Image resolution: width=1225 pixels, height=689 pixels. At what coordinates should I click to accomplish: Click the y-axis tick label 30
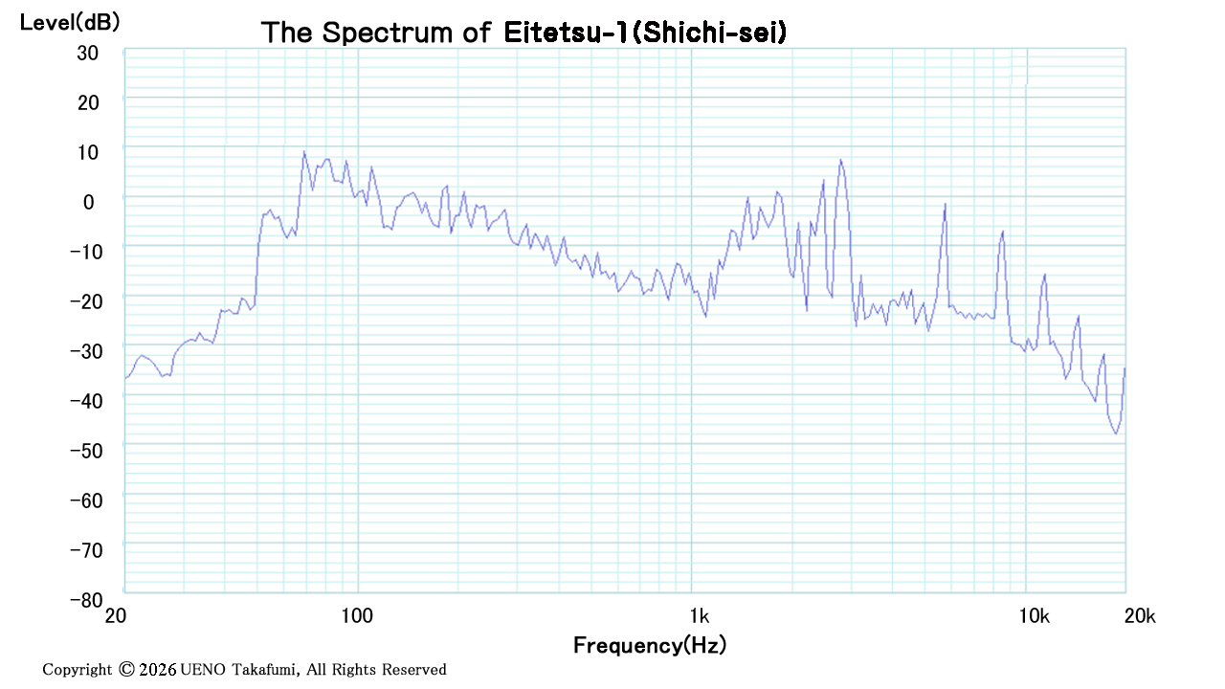point(87,54)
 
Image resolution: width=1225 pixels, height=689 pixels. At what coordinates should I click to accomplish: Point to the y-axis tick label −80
point(86,600)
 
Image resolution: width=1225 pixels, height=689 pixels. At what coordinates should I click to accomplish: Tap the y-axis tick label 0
point(89,202)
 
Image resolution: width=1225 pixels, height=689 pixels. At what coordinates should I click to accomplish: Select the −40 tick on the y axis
point(86,401)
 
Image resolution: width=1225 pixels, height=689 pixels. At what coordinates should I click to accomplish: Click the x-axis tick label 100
point(357,616)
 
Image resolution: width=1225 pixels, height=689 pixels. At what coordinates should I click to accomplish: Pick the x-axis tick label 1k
point(700,616)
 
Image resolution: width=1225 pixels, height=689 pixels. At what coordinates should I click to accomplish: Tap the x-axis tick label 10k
point(1035,616)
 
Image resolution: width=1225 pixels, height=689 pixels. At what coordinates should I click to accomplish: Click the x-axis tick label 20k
point(1140,616)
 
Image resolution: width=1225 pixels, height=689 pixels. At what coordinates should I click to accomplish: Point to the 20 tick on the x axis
point(116,616)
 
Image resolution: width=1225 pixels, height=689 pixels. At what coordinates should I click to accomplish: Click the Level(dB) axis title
point(70,22)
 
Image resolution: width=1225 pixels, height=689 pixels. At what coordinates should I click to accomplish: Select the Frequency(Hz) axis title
point(650,645)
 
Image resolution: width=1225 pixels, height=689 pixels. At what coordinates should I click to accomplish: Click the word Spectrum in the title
point(388,33)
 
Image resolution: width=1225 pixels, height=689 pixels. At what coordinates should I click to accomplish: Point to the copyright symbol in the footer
point(126,669)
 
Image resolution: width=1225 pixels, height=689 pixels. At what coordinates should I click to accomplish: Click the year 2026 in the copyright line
point(158,669)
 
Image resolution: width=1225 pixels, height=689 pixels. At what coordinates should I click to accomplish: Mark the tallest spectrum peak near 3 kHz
point(840,160)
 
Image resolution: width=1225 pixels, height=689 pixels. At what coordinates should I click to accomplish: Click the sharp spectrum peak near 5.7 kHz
point(945,204)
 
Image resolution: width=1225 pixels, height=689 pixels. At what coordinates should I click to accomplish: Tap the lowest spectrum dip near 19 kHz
point(1116,433)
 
